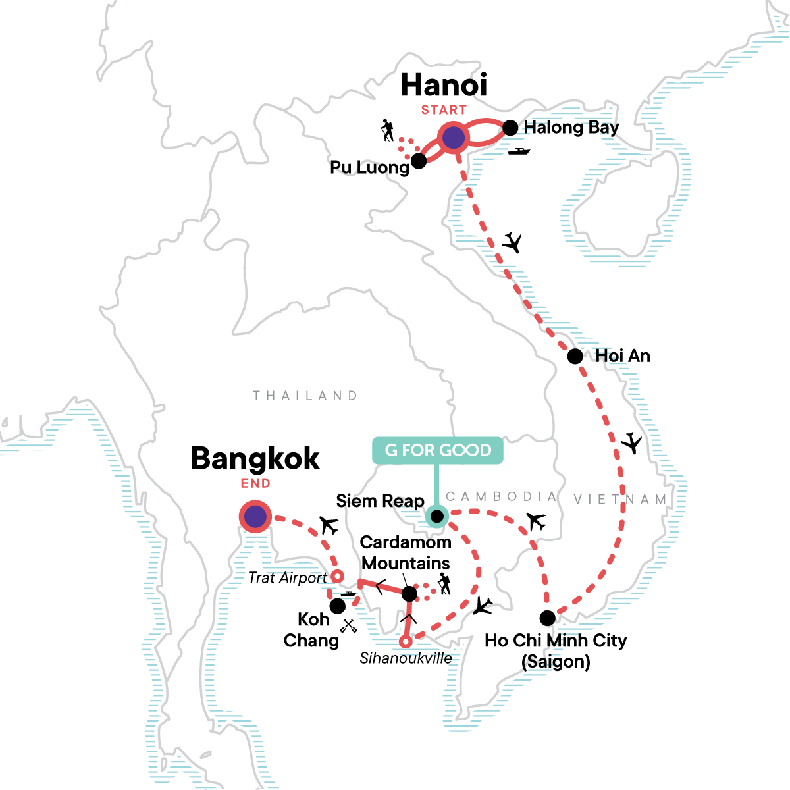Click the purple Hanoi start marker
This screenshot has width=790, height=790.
click(x=453, y=138)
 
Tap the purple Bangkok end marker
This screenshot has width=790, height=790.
click(x=255, y=517)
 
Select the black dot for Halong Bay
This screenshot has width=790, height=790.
click(x=510, y=128)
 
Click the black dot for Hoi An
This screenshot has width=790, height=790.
click(x=575, y=356)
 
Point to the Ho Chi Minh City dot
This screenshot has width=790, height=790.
click(x=547, y=618)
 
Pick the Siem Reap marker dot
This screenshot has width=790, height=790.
click(x=436, y=516)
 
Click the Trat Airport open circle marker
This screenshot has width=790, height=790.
click(x=336, y=577)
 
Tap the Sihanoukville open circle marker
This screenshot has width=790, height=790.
click(x=406, y=641)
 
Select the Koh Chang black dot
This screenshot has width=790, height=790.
click(x=337, y=606)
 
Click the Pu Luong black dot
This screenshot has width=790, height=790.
click(x=418, y=161)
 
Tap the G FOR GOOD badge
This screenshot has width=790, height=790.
click(x=438, y=450)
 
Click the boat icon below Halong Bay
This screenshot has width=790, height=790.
click(x=519, y=151)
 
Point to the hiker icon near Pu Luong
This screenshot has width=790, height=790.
click(x=388, y=130)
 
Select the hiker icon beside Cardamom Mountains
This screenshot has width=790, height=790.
click(x=444, y=583)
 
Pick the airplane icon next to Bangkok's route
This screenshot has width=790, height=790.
click(x=329, y=525)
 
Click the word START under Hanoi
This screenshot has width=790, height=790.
click(x=444, y=110)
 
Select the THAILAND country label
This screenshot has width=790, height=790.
click(x=305, y=396)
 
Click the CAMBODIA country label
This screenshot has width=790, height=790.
click(x=502, y=496)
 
